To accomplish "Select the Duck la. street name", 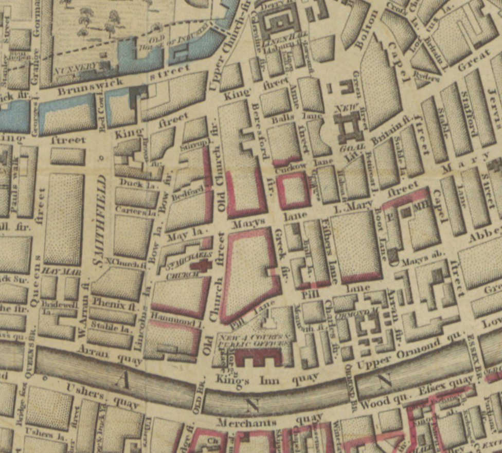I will [x=131, y=182].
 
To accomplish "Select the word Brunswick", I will [x=84, y=87].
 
